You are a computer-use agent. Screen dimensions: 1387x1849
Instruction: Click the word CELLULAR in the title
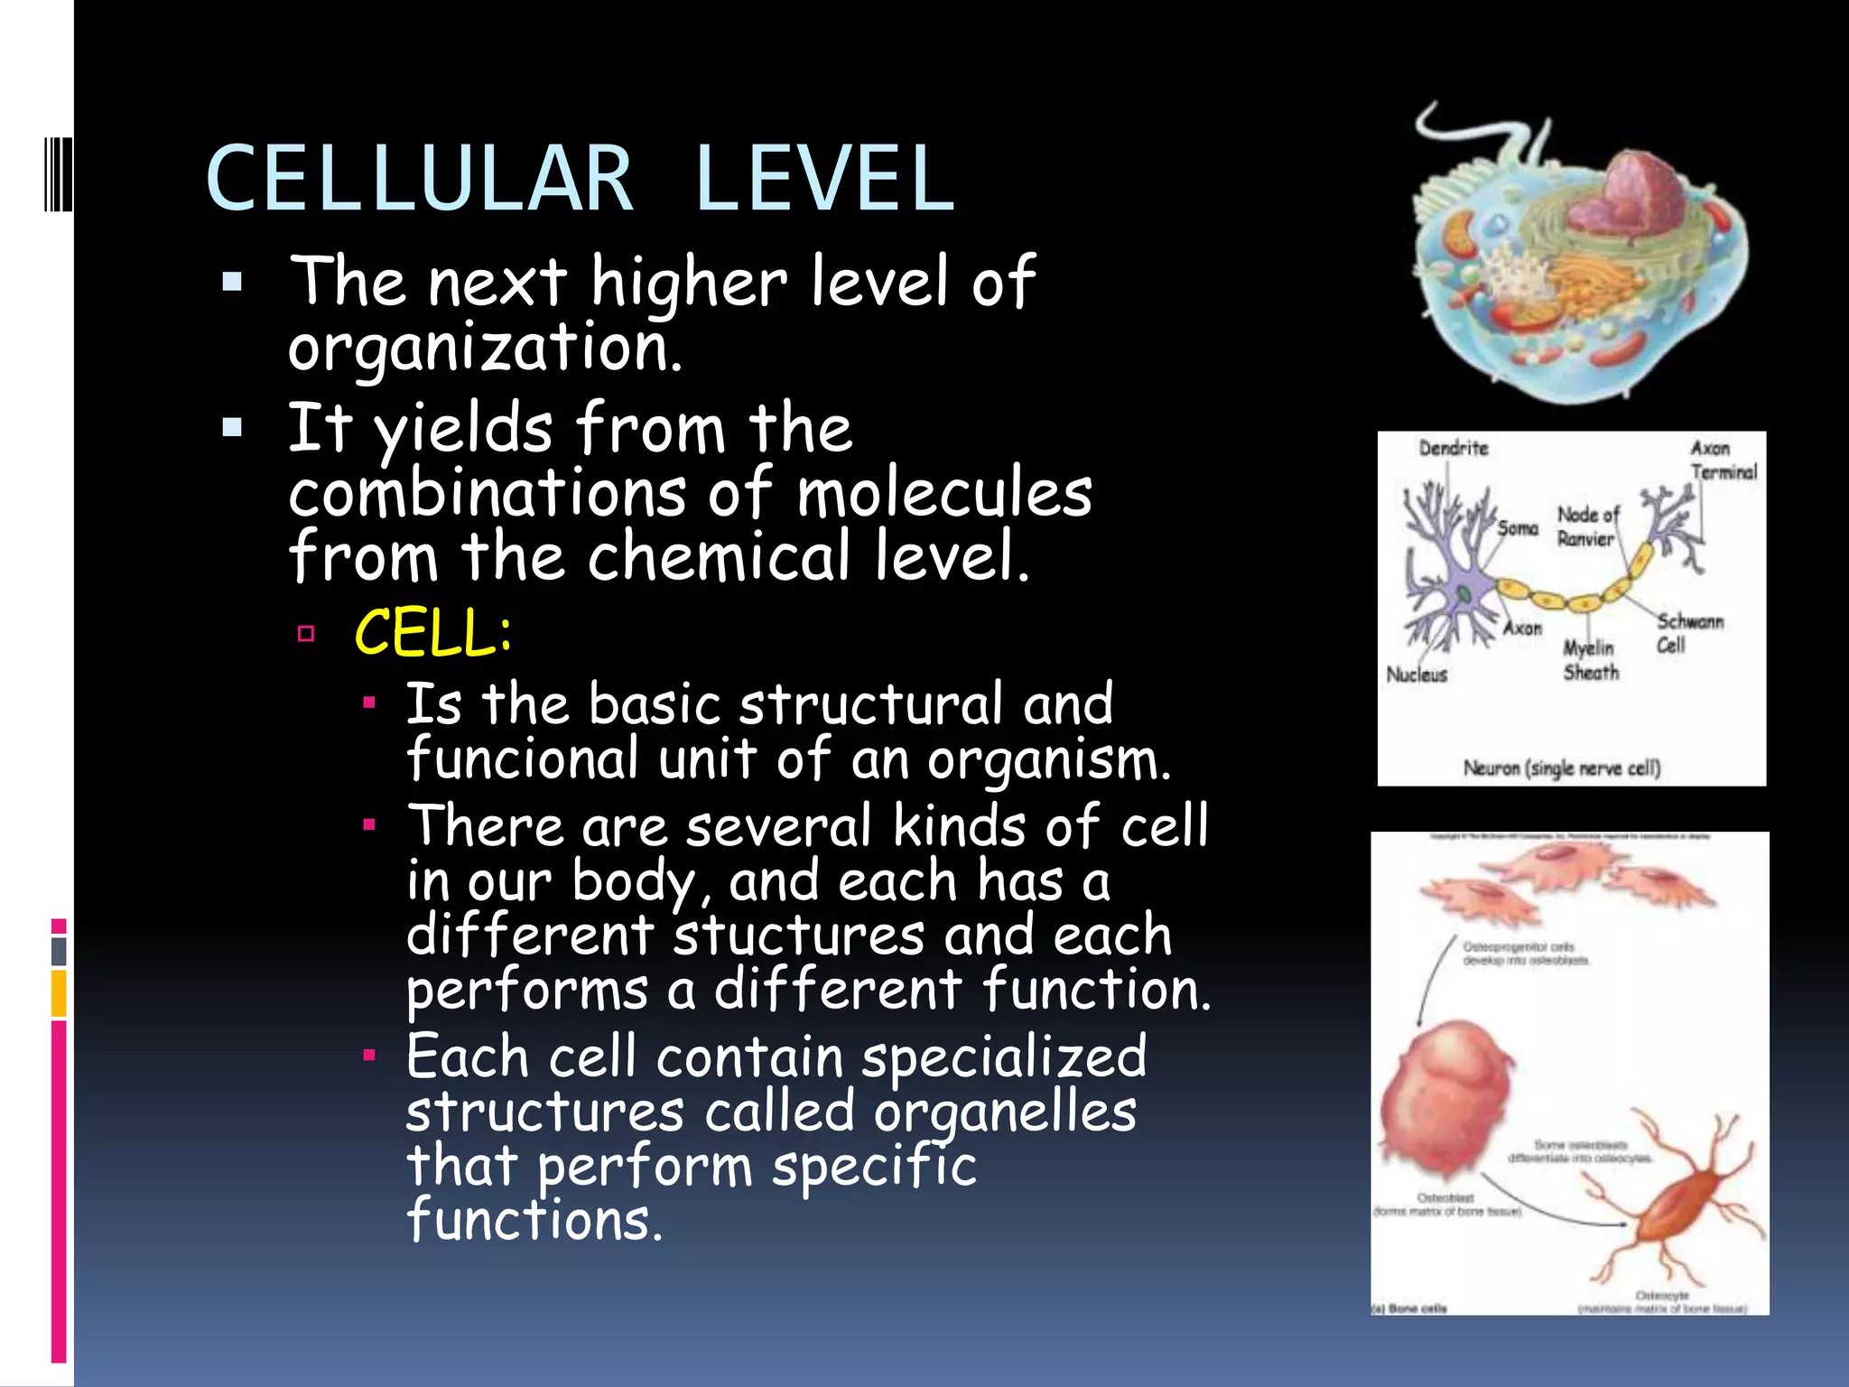420,179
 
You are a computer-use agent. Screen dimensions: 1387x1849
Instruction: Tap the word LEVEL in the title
824,179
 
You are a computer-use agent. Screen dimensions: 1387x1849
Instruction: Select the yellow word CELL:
433,632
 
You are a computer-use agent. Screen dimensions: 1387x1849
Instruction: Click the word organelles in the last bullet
1005,1112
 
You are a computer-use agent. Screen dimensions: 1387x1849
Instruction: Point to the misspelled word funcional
523,759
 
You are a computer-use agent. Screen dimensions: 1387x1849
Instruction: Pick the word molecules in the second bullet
944,494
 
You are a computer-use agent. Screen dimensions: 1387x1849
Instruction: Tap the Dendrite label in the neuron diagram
1453,448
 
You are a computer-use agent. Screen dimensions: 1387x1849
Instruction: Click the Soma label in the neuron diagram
1517,527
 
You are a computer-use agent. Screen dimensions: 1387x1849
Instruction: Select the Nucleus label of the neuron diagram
1417,675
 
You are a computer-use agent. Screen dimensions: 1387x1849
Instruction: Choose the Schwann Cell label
1688,633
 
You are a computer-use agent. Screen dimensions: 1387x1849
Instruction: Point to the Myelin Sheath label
1590,660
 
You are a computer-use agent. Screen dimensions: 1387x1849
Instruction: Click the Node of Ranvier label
1587,526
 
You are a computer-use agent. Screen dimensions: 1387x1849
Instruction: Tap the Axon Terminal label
1723,460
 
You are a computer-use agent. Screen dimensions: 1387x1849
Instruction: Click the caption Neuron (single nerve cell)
1562,768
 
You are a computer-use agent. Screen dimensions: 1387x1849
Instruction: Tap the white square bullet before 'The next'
232,283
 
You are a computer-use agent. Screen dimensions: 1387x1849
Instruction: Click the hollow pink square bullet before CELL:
306,633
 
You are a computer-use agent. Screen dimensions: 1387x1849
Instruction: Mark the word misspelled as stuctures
798,936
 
